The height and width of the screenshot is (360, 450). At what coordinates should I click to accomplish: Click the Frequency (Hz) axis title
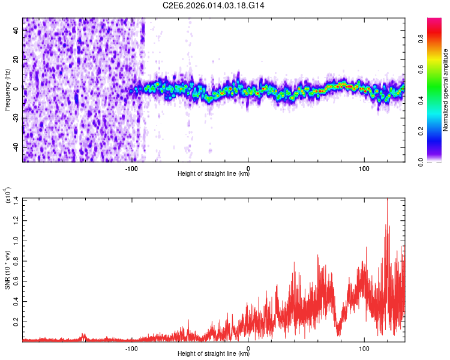click(x=7, y=90)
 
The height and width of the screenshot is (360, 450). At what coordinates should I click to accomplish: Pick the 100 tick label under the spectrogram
click(x=364, y=169)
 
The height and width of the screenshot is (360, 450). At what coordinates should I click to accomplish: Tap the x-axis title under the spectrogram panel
click(x=214, y=175)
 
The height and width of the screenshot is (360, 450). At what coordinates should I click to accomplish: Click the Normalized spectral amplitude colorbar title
click(x=446, y=90)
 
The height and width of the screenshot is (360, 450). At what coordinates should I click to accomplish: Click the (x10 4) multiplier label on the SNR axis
click(x=8, y=196)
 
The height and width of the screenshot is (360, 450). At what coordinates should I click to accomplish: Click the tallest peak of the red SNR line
click(x=387, y=199)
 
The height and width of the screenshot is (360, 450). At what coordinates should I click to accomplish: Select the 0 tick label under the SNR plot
click(x=248, y=348)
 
